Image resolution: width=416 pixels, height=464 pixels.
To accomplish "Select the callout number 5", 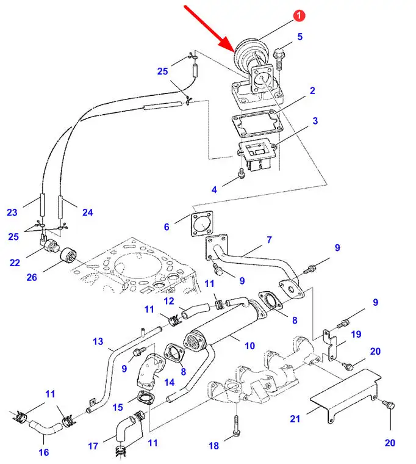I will (299, 37).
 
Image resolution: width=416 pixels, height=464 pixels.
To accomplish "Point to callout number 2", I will (312, 91).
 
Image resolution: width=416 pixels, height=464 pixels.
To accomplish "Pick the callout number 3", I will (315, 121).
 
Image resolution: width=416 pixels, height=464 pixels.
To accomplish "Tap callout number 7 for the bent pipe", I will (269, 240).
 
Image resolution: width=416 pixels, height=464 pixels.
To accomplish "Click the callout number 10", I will (249, 346).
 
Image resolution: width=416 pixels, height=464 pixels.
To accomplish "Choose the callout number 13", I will (98, 342).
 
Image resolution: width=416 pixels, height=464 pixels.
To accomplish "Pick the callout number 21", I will (295, 419).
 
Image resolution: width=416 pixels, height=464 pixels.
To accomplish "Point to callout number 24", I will (88, 212).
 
